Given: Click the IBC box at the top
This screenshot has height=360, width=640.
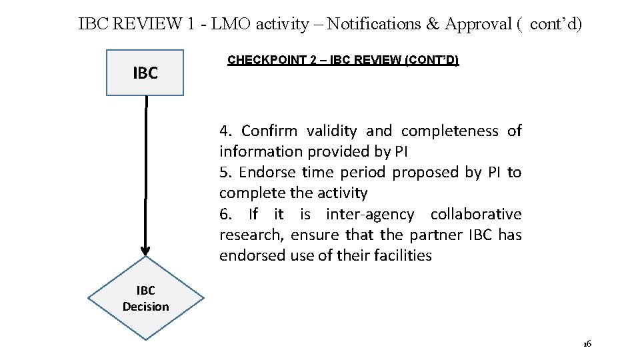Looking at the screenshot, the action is (145, 73).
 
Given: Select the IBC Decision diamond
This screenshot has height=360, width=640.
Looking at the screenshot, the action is (145, 299).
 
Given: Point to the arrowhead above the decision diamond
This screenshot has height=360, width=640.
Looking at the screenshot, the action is (145, 250).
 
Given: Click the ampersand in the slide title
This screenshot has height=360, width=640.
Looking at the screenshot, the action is (433, 25).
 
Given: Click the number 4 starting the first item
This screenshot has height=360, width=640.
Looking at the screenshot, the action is (225, 131).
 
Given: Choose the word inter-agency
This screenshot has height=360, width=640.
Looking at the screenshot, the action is (369, 214).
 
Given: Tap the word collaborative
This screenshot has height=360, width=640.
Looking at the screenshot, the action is (476, 214).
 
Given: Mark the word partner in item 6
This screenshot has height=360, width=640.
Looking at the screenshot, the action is (433, 235).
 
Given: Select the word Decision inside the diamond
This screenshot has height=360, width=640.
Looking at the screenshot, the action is (145, 307).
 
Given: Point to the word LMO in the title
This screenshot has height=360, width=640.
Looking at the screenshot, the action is (229, 25).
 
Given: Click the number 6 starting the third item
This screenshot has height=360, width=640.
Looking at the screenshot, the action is (225, 214).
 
